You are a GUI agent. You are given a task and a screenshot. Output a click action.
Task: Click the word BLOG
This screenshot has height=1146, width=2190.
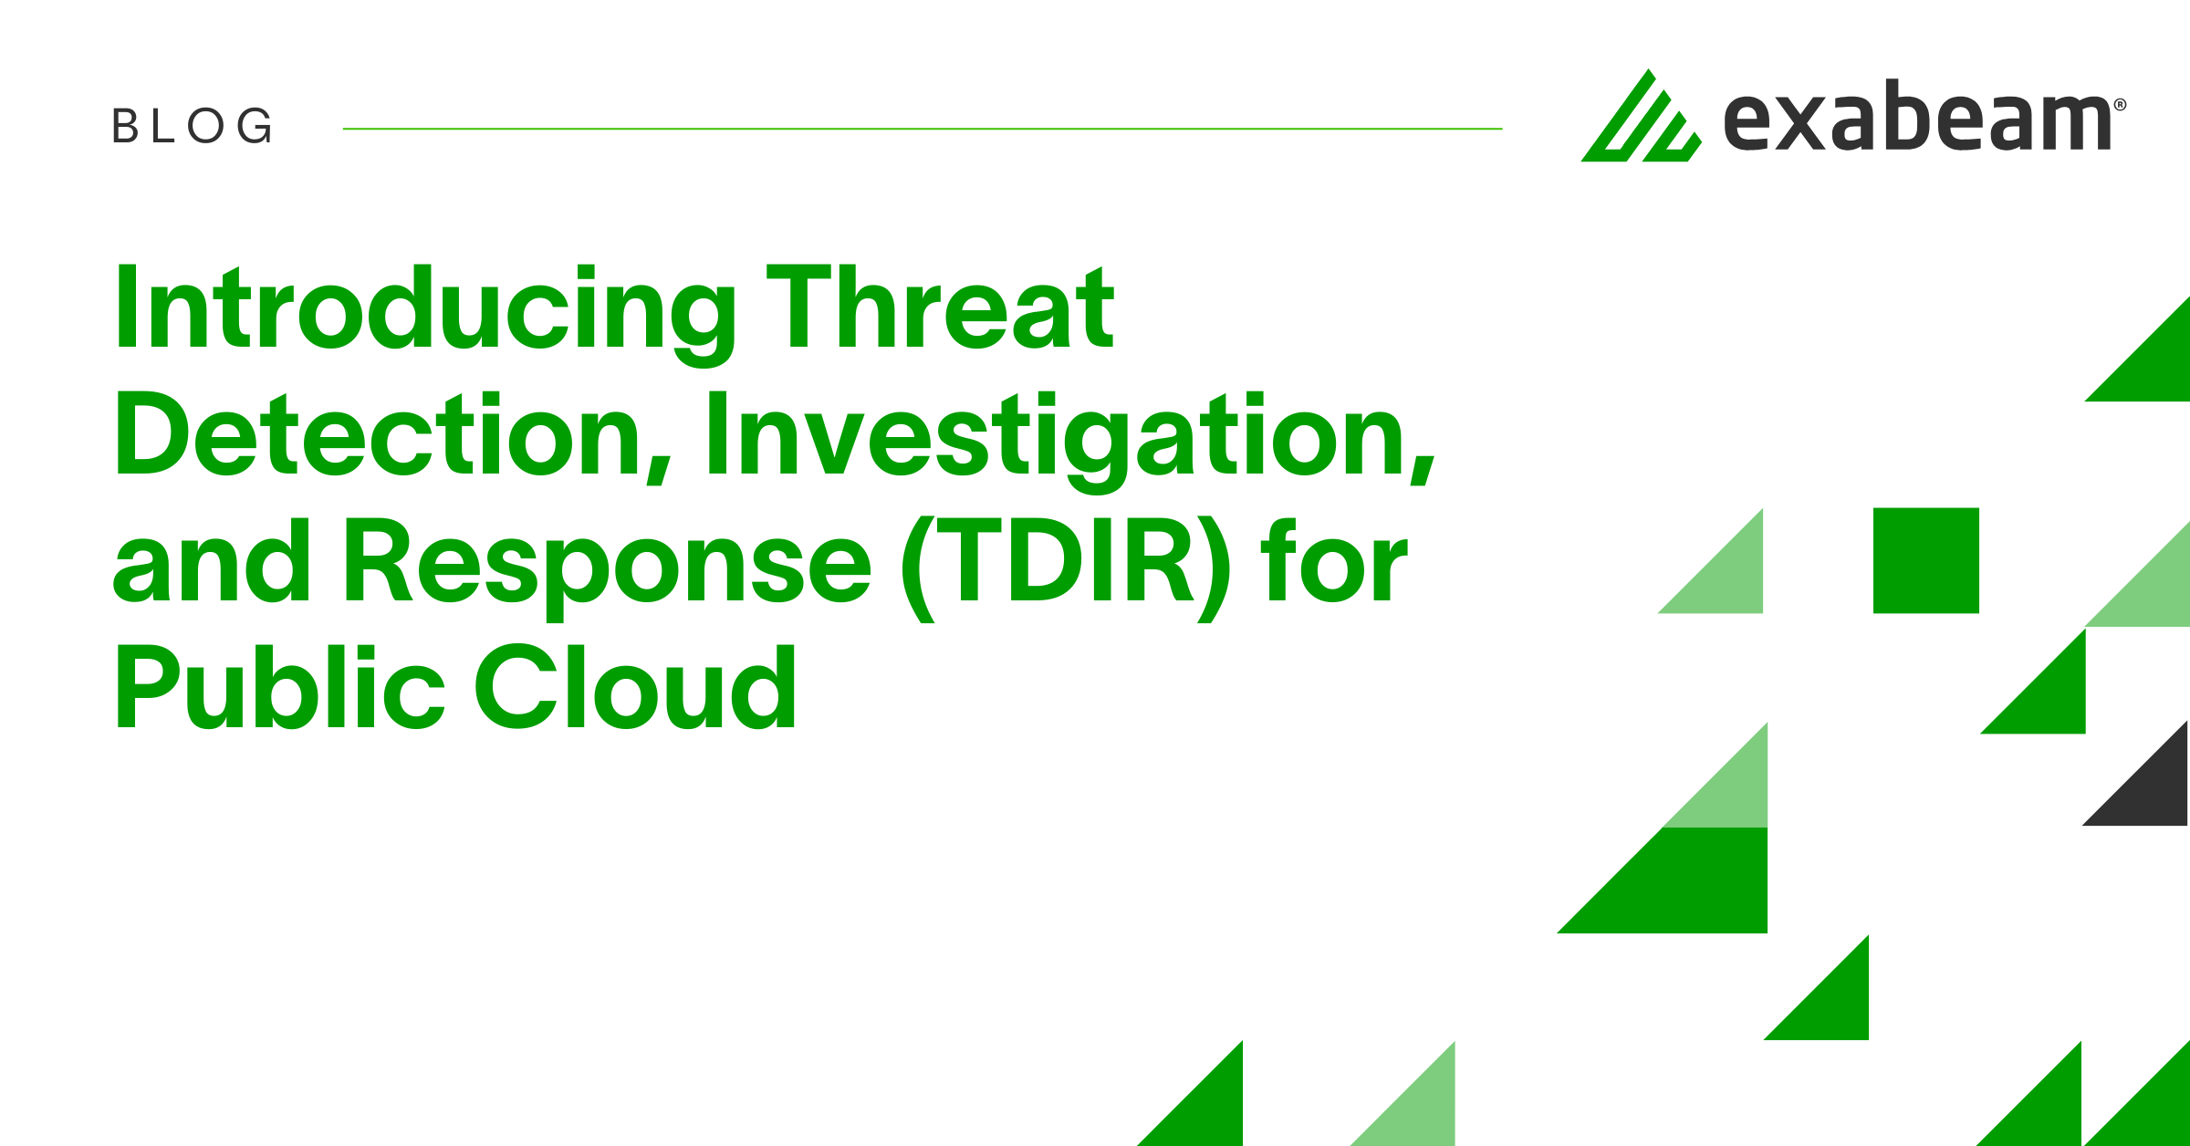[192, 126]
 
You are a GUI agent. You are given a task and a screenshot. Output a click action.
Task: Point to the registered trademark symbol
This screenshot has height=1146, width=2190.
[2120, 105]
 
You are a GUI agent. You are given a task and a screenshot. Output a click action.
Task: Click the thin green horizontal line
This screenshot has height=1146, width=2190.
[922, 129]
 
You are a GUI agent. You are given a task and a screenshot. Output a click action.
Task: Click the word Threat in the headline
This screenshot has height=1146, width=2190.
[940, 308]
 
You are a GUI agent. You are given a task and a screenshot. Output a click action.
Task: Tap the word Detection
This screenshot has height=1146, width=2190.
[379, 436]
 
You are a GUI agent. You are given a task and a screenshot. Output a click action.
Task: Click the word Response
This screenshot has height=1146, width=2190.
[607, 561]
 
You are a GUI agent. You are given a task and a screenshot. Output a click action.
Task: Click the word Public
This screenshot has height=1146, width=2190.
[278, 688]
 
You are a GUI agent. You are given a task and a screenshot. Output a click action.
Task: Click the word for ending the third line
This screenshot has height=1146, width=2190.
[1333, 561]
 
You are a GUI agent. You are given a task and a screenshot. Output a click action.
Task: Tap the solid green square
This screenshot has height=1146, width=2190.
[1925, 560]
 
